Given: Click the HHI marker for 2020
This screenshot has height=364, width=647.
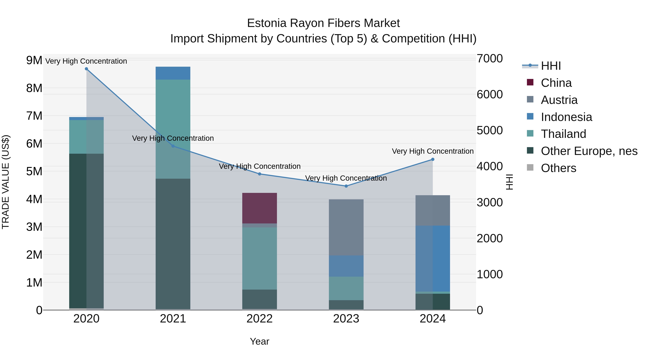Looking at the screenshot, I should click(86, 69).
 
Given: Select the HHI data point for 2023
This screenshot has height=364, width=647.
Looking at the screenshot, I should click(346, 186).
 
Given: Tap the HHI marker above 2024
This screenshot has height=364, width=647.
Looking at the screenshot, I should click(433, 159).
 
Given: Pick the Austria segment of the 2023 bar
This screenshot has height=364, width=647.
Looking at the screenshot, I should click(346, 227).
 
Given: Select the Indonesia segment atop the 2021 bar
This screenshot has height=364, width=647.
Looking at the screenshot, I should click(173, 73).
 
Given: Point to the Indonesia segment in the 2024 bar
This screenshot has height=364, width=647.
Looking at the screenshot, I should click(433, 258).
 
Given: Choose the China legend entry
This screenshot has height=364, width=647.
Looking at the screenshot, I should click(556, 83).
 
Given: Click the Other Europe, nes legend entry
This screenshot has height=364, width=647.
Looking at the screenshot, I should click(589, 151).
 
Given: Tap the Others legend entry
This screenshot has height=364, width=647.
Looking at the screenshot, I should click(558, 168).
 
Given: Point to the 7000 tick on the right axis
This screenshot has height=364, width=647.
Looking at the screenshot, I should click(490, 59).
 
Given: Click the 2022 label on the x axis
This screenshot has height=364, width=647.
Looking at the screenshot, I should click(260, 319).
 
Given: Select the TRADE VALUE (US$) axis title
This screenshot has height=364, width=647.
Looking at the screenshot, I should click(6, 182).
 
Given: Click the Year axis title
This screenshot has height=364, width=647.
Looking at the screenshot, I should click(260, 341).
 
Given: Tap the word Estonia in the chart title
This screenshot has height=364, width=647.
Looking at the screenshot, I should click(267, 23).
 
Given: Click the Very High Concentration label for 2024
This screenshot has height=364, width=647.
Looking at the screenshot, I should click(433, 151).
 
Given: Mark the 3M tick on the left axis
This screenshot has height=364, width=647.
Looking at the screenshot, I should click(34, 227).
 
